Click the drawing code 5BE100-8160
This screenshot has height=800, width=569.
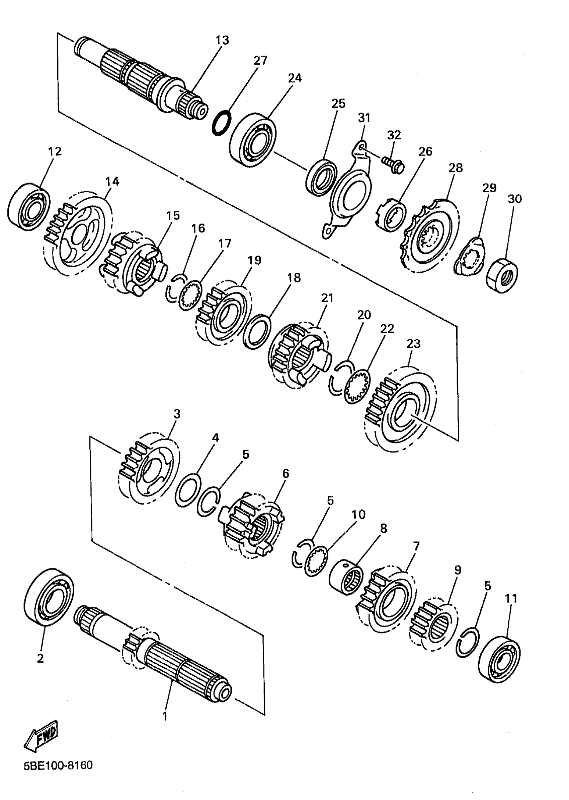(x=58, y=765)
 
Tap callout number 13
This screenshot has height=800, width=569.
(x=222, y=40)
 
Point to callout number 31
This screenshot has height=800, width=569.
(x=364, y=118)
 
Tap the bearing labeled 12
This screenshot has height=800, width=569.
(x=29, y=207)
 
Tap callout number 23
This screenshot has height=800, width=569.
(x=413, y=343)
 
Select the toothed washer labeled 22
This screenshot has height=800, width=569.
(x=357, y=386)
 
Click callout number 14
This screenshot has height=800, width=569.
(x=112, y=181)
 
